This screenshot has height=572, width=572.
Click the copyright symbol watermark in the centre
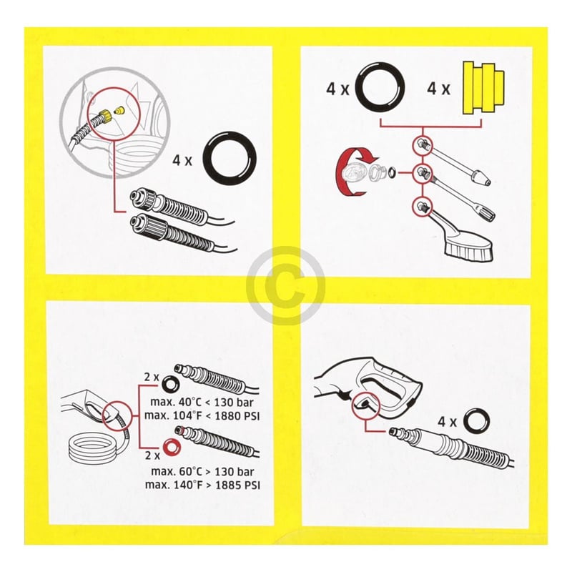285,285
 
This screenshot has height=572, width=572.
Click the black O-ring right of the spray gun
473,421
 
